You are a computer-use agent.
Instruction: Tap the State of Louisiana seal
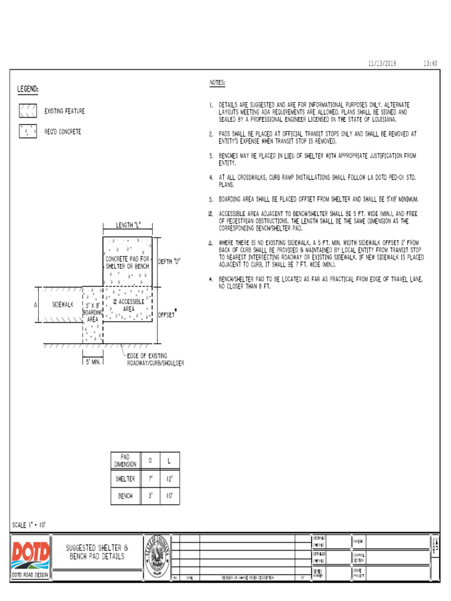pos(157,556)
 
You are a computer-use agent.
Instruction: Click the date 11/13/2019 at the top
pos(382,63)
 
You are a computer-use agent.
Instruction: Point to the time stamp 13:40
pos(430,63)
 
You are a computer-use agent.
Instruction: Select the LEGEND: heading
pos(28,89)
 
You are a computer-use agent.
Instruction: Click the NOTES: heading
pos(217,83)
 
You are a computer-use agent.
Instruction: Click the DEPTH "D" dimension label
pos(169,262)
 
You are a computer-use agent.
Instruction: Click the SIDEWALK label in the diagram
pos(63,305)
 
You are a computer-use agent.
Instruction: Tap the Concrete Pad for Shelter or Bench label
pos(127,262)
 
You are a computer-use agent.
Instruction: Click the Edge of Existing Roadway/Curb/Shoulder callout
pos(156,359)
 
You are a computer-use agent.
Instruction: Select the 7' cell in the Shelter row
pos(150,479)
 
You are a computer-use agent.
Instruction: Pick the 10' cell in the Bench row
pos(170,496)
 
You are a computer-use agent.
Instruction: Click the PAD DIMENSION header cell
pos(124,461)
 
